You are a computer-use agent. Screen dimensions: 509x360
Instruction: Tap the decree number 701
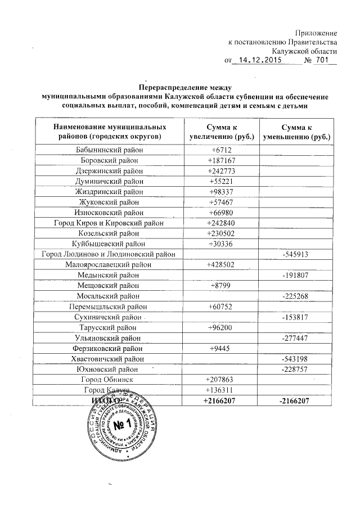[321, 60]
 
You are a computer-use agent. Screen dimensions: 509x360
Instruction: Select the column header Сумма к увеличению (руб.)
[222, 132]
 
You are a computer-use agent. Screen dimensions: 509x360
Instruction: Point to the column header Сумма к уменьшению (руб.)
[298, 132]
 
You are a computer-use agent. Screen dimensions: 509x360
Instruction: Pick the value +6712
[222, 150]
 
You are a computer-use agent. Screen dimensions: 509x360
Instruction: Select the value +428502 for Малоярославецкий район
[222, 264]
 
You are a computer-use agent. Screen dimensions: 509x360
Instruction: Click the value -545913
[298, 254]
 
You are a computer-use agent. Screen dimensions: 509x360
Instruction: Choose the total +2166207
[222, 400]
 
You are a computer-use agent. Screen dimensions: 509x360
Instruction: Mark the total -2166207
[298, 400]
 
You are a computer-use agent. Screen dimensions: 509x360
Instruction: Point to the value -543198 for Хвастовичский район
[298, 358]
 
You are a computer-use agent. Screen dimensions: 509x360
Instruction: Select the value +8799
[222, 285]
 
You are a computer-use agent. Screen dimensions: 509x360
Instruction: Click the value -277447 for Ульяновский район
[298, 337]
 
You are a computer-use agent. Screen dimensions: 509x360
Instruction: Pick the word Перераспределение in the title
[173, 87]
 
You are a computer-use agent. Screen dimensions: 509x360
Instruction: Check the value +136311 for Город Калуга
[222, 389]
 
